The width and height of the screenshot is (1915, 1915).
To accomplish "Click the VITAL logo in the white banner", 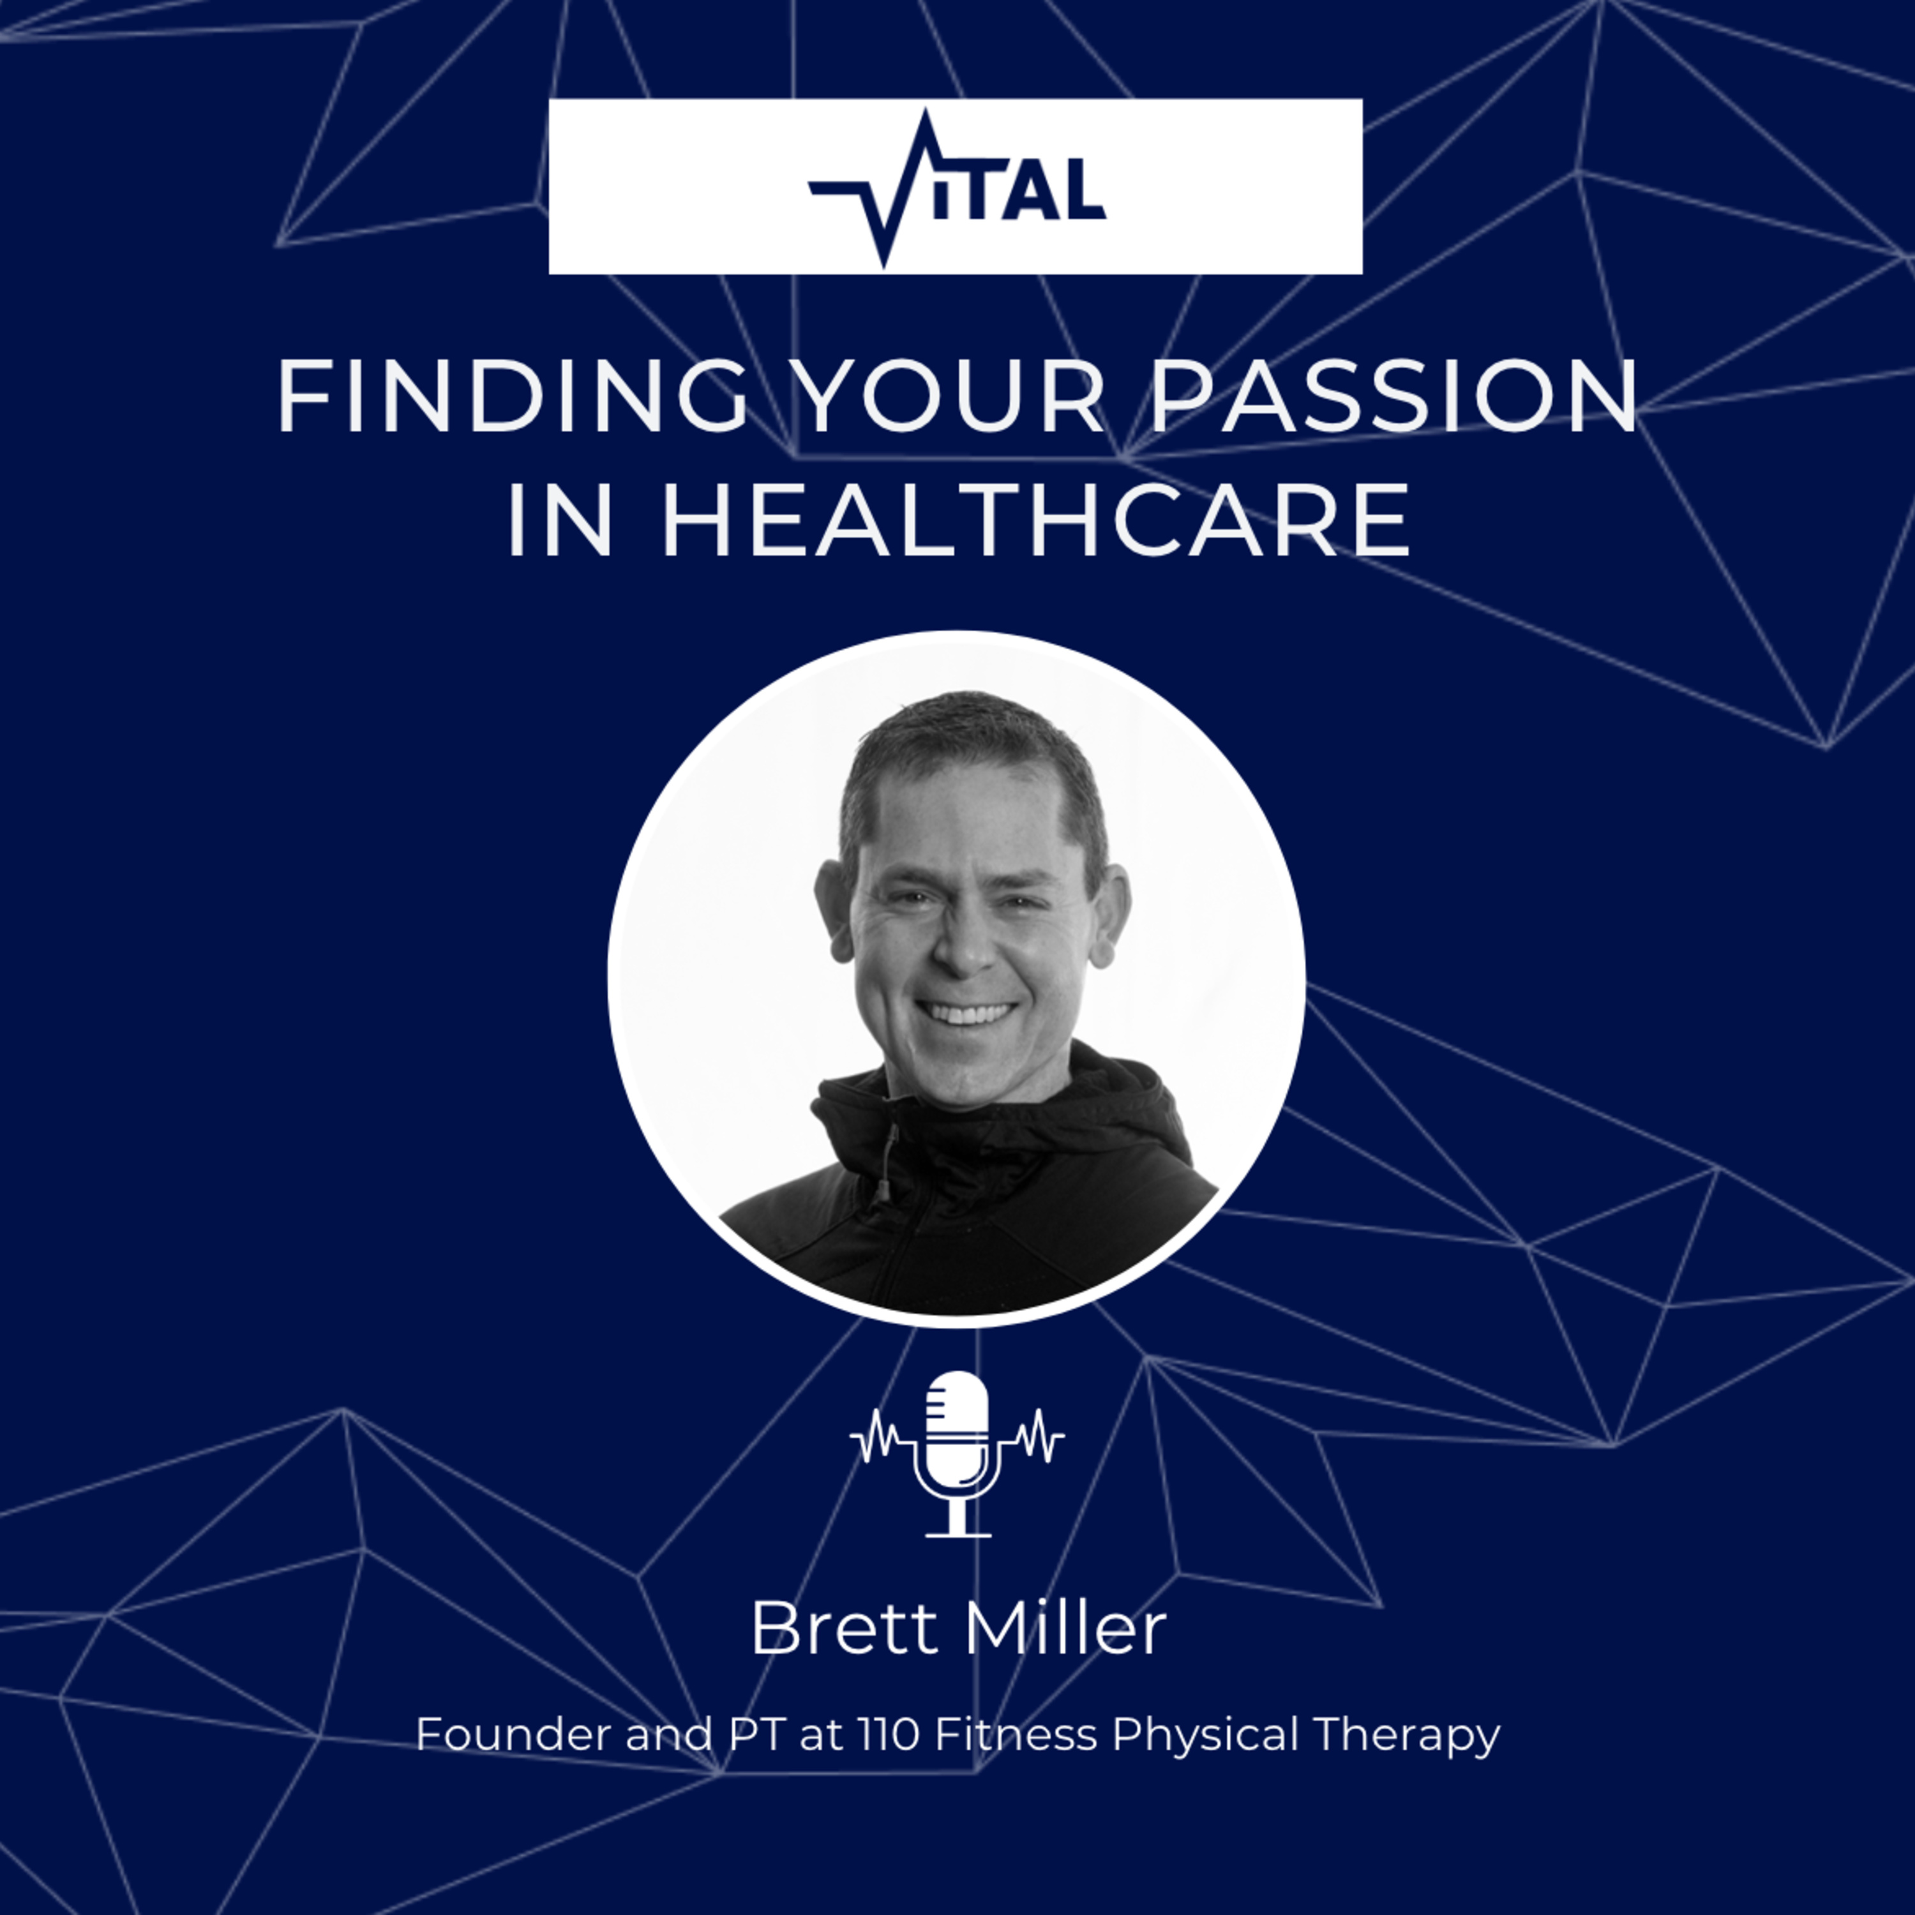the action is tap(956, 188).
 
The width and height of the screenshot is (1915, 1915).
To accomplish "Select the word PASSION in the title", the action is tap(1393, 396).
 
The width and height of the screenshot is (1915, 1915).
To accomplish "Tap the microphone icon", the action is tap(957, 1454).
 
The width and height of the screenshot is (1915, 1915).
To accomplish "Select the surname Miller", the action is tap(1067, 1628).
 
